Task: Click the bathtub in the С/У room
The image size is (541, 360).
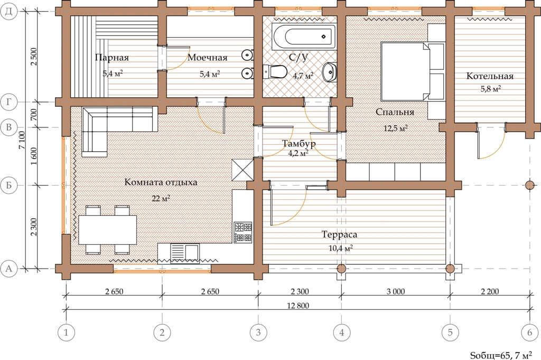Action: [303, 36]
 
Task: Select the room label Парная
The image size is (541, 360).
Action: [112, 57]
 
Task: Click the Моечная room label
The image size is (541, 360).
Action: [207, 57]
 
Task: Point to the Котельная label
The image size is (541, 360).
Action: [490, 76]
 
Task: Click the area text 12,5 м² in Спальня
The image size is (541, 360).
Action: [396, 128]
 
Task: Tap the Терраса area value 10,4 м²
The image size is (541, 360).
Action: [341, 248]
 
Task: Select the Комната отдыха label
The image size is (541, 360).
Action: [161, 182]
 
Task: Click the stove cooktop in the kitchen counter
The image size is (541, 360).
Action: [243, 232]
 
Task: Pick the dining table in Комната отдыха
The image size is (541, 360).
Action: [108, 229]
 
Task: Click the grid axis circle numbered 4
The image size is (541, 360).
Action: [342, 333]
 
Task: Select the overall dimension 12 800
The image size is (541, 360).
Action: [298, 306]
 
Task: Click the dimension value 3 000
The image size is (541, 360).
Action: [396, 291]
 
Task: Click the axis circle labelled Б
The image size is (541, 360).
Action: [9, 186]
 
